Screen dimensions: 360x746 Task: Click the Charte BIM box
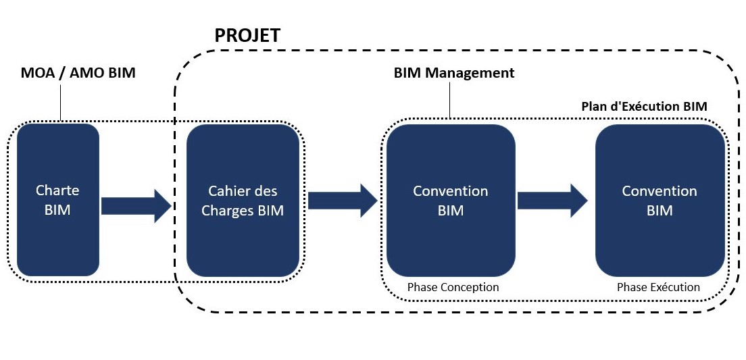pyautogui.click(x=57, y=200)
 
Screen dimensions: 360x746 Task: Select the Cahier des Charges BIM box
pyautogui.click(x=243, y=200)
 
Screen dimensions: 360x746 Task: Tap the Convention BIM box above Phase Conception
pyautogui.click(x=450, y=200)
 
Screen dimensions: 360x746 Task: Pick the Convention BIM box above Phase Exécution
pyautogui.click(x=659, y=200)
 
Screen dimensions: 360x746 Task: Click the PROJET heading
pyautogui.click(x=247, y=36)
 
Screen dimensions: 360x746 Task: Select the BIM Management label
pyautogui.click(x=454, y=72)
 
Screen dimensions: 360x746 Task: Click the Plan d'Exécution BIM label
pyautogui.click(x=644, y=106)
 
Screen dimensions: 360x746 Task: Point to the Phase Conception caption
pyautogui.click(x=453, y=287)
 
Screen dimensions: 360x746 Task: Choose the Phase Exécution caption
pyautogui.click(x=658, y=287)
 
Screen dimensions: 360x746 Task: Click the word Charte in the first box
pyautogui.click(x=57, y=190)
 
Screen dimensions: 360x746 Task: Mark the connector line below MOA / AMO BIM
pyautogui.click(x=60, y=101)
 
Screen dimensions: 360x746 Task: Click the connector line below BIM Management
pyautogui.click(x=450, y=101)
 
